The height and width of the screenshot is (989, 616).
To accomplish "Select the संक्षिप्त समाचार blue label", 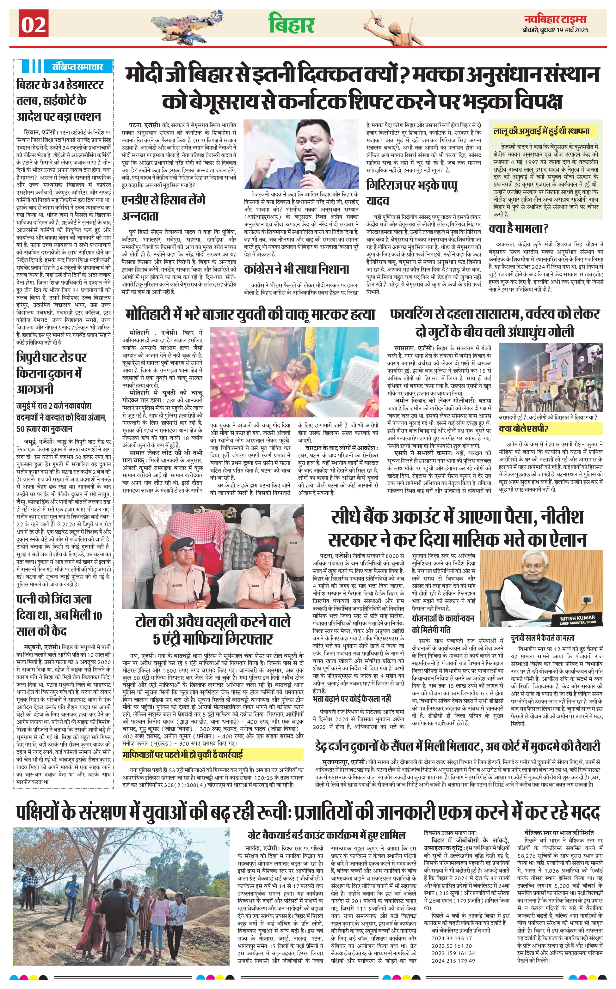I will click(77, 66).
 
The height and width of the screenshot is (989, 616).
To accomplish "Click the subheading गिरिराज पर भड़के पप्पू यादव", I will click(412, 193).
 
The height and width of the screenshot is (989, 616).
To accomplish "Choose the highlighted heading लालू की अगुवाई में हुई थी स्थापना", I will click(541, 131).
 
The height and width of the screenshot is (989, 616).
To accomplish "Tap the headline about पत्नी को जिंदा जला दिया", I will click(54, 615).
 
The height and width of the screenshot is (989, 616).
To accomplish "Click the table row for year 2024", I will click(453, 961).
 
